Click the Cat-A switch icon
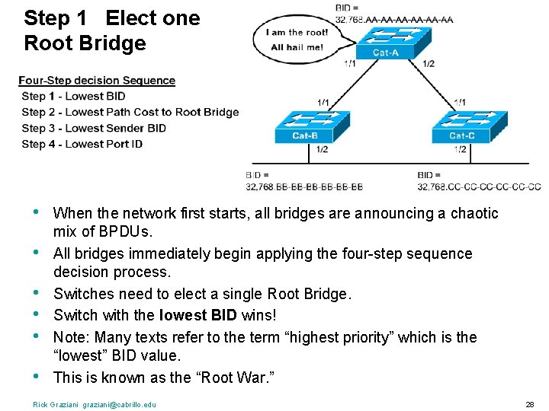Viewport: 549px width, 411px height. (x=386, y=43)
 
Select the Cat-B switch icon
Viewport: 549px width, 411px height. (x=306, y=126)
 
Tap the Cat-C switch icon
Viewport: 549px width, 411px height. (x=461, y=126)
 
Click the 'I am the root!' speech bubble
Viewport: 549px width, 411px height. (x=297, y=40)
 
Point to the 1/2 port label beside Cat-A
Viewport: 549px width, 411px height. (x=429, y=64)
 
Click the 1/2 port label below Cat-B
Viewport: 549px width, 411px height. (x=323, y=149)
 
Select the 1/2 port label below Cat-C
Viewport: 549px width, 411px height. (x=461, y=149)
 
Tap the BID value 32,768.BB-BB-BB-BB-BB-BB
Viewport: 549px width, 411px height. (x=304, y=186)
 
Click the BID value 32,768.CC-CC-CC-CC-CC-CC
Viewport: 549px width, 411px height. (x=479, y=186)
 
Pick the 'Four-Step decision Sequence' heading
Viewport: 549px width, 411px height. (x=97, y=81)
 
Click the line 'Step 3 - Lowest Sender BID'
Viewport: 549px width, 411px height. (x=94, y=128)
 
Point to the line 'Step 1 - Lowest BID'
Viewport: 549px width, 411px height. (x=73, y=96)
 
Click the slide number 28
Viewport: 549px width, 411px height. (x=529, y=403)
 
